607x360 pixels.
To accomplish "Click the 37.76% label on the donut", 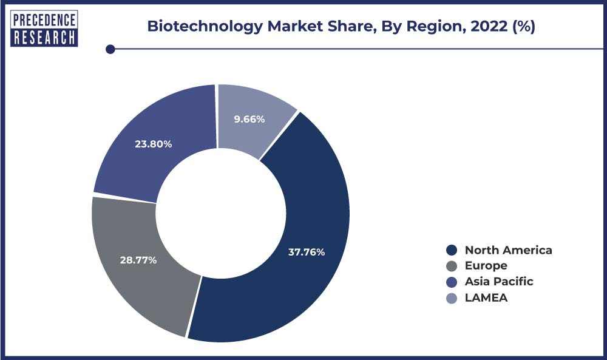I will (x=306, y=251).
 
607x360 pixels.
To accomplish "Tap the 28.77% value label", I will (x=138, y=260).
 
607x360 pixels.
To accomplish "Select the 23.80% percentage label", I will (x=154, y=144).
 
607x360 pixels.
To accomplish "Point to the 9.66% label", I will (x=249, y=119).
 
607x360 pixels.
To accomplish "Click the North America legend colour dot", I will (x=451, y=250).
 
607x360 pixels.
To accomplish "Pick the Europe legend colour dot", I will (x=451, y=266).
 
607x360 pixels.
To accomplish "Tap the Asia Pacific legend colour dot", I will (x=451, y=282).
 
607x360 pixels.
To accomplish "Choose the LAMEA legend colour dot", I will (x=451, y=297).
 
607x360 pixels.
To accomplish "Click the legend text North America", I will (x=509, y=250).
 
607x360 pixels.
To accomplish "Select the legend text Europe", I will (x=486, y=266).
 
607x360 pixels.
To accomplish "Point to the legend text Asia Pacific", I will (x=499, y=282).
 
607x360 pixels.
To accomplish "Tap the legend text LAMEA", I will (x=486, y=297).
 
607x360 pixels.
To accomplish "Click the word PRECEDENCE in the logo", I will (x=44, y=19).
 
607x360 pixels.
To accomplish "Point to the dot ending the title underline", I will (x=110, y=49).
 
